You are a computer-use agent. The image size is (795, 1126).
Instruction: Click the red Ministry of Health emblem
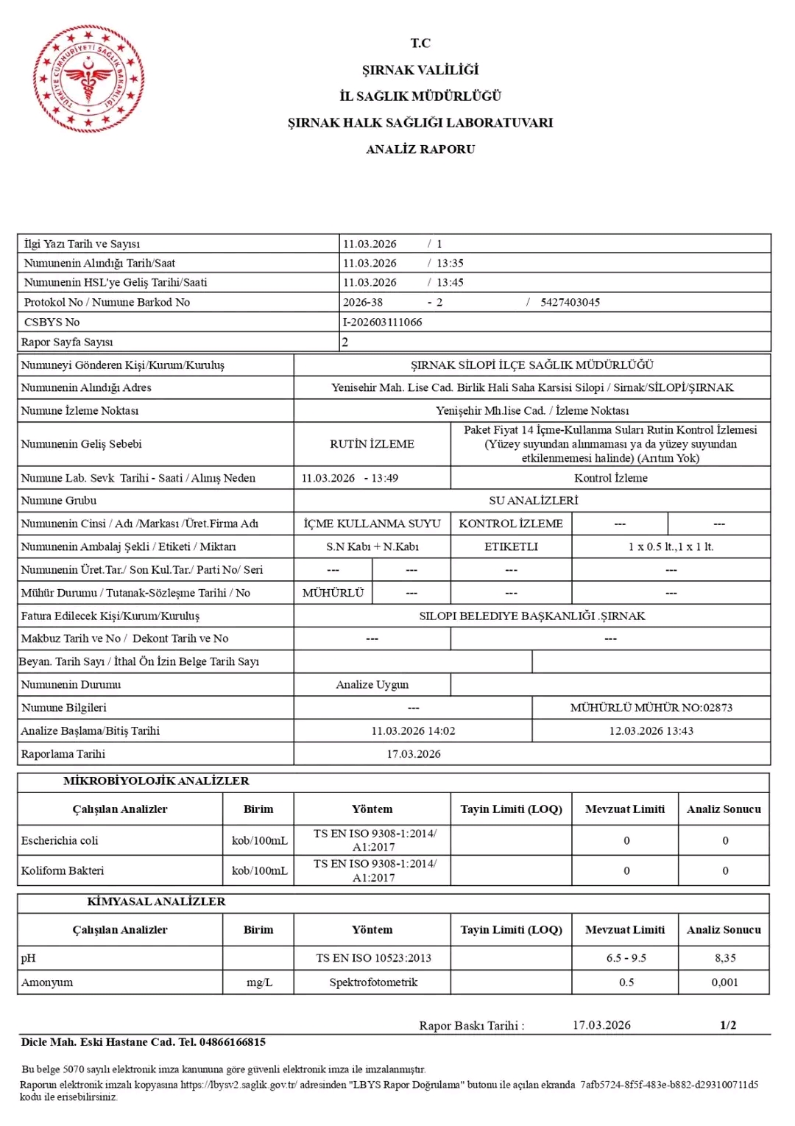pyautogui.click(x=88, y=79)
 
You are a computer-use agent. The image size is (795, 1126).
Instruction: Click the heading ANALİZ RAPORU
pyautogui.click(x=420, y=149)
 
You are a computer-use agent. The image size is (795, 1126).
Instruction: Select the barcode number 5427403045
pyautogui.click(x=570, y=303)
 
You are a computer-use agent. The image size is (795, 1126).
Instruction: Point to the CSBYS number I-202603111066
pyautogui.click(x=382, y=323)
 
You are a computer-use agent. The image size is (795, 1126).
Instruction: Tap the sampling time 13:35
pyautogui.click(x=450, y=264)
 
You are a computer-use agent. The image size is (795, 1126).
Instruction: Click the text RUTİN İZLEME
pyautogui.click(x=372, y=444)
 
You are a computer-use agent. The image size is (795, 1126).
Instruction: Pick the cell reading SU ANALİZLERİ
pyautogui.click(x=533, y=501)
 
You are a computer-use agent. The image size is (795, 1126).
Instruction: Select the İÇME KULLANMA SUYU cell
pyautogui.click(x=372, y=524)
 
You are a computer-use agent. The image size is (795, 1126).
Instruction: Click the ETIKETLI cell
pyautogui.click(x=511, y=546)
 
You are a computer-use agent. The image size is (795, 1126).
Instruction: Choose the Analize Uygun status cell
pyautogui.click(x=372, y=685)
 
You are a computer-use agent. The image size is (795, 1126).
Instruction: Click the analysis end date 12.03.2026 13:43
pyautogui.click(x=651, y=731)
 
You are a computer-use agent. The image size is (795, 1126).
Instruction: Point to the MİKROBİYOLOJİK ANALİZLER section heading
pyautogui.click(x=156, y=781)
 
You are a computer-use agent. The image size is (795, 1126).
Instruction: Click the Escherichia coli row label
pyautogui.click(x=60, y=841)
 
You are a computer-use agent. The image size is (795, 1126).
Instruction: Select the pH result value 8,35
pyautogui.click(x=724, y=958)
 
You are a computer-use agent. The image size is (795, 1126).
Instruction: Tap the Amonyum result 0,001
pyautogui.click(x=724, y=982)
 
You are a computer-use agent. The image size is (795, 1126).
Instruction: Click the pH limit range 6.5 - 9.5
pyautogui.click(x=626, y=958)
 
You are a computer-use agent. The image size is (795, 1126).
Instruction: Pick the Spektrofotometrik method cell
pyautogui.click(x=372, y=982)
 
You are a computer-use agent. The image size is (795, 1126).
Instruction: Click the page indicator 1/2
pyautogui.click(x=728, y=1025)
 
